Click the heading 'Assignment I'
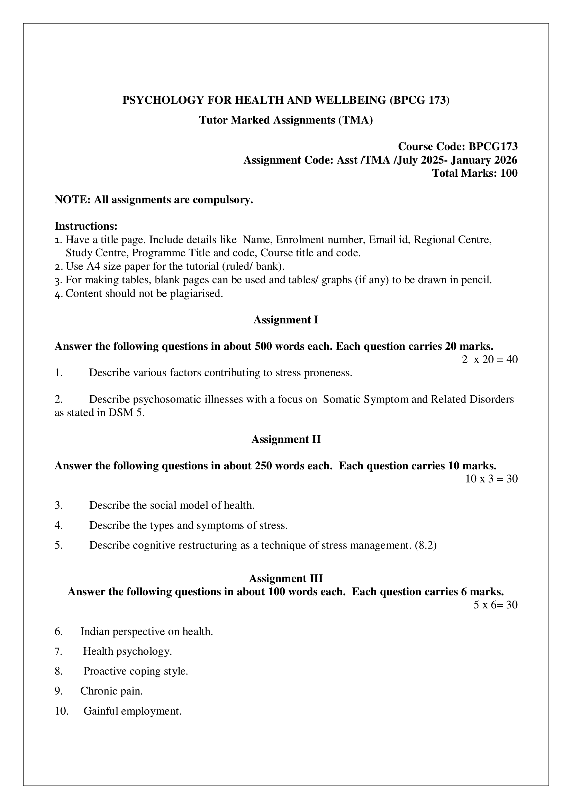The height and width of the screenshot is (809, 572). coord(286,320)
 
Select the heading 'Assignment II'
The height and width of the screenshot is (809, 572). coord(286,439)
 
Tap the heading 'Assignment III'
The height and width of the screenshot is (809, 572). coord(286,579)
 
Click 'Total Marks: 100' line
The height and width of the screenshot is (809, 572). coord(475,173)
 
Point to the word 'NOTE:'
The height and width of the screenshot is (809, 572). coord(73,200)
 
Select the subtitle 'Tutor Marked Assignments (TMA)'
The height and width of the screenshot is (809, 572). coord(286,120)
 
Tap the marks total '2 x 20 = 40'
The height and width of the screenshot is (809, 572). coord(490,359)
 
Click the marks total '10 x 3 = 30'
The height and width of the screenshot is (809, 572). coord(491,479)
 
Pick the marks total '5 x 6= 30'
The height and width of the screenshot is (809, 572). coord(495,605)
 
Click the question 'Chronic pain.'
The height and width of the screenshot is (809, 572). coord(111,691)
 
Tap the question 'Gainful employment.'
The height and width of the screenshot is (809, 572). coord(133,711)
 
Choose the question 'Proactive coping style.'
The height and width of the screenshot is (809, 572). coord(136,671)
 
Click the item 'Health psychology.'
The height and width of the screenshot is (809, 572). coord(127,651)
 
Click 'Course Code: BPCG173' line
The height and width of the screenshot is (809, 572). coord(457,146)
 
